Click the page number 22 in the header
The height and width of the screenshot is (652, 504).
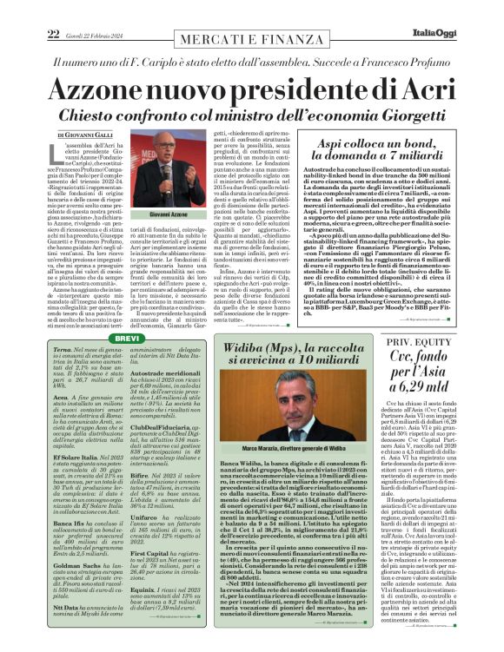(x=52, y=10)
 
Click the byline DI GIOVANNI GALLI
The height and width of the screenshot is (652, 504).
(x=86, y=135)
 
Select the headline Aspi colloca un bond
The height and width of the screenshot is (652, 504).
(x=377, y=145)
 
